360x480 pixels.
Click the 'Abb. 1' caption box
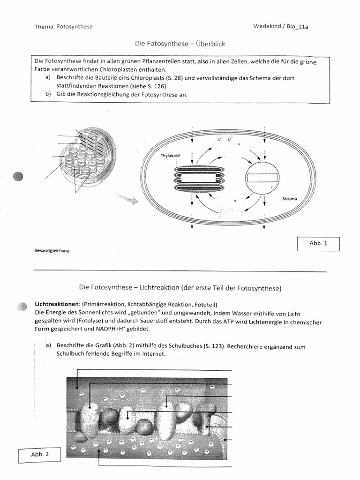[318, 243]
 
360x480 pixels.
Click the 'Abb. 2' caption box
[40, 454]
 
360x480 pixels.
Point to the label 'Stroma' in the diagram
[289, 199]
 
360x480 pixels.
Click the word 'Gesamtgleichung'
[52, 251]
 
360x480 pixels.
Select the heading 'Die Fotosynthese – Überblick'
[180, 44]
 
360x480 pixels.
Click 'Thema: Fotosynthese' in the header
[64, 27]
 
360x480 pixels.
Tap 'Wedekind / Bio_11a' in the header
[280, 27]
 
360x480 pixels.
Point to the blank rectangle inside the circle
[262, 179]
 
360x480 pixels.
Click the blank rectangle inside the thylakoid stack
[199, 178]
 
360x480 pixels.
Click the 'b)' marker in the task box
[48, 94]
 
